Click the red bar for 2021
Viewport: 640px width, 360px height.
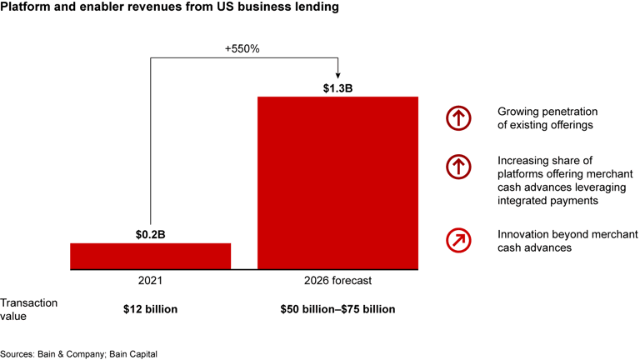click(x=150, y=256)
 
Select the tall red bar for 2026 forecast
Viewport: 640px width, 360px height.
click(x=337, y=183)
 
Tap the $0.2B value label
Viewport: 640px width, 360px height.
click(x=151, y=234)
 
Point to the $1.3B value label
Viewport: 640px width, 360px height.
click(x=337, y=87)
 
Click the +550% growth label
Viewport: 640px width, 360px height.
click(x=242, y=48)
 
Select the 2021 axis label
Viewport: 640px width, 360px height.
click(x=151, y=282)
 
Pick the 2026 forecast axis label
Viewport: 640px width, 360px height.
click(x=337, y=282)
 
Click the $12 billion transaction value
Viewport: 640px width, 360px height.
click(x=151, y=309)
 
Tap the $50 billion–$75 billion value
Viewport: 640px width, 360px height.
click(x=337, y=309)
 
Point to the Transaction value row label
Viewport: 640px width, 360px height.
click(x=29, y=309)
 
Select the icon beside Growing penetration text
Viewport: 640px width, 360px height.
click(x=458, y=118)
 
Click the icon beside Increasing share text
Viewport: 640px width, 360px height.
click(x=458, y=167)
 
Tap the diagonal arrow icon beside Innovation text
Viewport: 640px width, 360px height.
click(x=458, y=240)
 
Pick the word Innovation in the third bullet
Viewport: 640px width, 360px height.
click(x=523, y=233)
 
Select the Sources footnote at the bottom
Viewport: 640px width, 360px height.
click(x=78, y=353)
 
